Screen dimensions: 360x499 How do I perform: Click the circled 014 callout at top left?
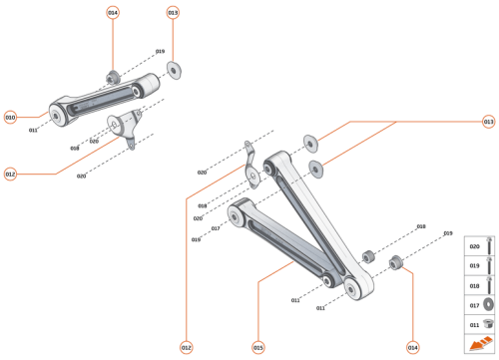pyautogui.click(x=113, y=13)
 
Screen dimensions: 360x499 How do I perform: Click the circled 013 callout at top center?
pyautogui.click(x=173, y=13)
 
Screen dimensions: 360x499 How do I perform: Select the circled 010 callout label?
pyautogui.click(x=11, y=116)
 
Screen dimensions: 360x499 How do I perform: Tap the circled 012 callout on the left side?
pyautogui.click(x=11, y=175)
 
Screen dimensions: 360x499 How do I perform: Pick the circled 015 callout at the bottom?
pyautogui.click(x=257, y=347)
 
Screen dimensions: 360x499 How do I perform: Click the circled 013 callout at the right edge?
pyautogui.click(x=488, y=122)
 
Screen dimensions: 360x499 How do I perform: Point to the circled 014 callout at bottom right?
pyautogui.click(x=413, y=347)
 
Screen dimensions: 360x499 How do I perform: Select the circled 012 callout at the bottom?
pyautogui.click(x=186, y=347)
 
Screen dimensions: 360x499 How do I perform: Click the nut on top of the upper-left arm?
pyautogui.click(x=113, y=77)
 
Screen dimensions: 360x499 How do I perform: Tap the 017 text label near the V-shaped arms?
pyautogui.click(x=215, y=228)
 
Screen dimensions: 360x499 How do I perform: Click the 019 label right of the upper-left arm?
pyautogui.click(x=160, y=51)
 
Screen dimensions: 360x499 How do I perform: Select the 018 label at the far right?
pyautogui.click(x=420, y=226)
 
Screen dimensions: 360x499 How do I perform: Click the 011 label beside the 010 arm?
pyautogui.click(x=33, y=130)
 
